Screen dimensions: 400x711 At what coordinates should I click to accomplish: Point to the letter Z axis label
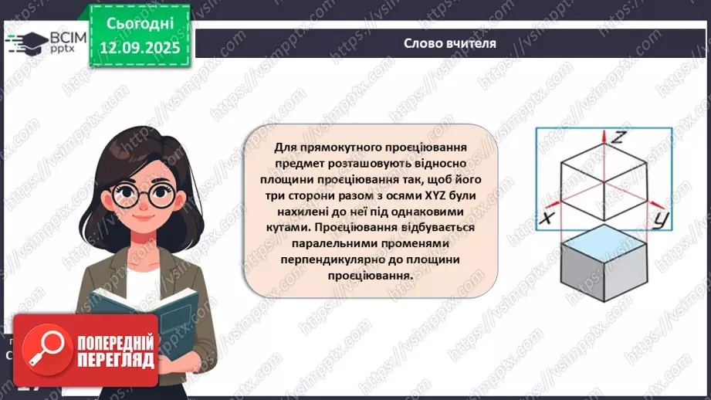pos(617,139)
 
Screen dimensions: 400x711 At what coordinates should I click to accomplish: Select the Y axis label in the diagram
pos(660,221)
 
